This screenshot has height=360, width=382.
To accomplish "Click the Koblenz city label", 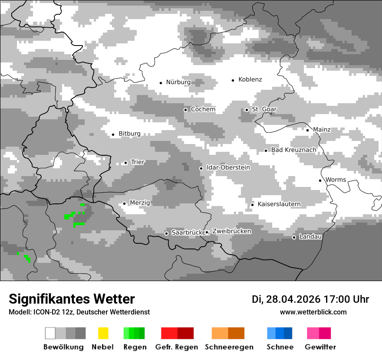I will pyautogui.click(x=250, y=79).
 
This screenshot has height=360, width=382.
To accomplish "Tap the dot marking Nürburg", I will pyautogui.click(x=161, y=82).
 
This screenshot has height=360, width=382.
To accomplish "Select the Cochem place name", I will pyautogui.click(x=203, y=109).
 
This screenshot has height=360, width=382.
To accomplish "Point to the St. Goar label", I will pyautogui.click(x=264, y=109).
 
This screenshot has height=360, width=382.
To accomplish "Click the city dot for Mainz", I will pyautogui.click(x=307, y=130).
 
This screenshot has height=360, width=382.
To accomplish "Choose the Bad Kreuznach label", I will pyautogui.click(x=293, y=150).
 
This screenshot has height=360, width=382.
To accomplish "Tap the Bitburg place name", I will pyautogui.click(x=129, y=134).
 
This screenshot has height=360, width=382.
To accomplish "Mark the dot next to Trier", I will pyautogui.click(x=125, y=163).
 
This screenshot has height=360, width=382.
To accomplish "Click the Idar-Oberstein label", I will pyautogui.click(x=228, y=167).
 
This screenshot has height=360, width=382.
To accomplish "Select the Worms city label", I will pyautogui.click(x=336, y=180).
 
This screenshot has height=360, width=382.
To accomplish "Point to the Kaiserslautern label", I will pyautogui.click(x=279, y=204).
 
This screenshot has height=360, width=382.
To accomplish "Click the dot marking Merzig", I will pyautogui.click(x=124, y=203).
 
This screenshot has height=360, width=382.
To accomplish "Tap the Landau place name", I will pyautogui.click(x=310, y=236).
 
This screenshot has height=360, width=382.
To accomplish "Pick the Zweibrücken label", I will pyautogui.click(x=232, y=231).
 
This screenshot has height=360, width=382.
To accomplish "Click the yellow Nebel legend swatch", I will pyautogui.click(x=103, y=333).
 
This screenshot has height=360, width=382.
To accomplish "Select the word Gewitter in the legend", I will pyautogui.click(x=320, y=347).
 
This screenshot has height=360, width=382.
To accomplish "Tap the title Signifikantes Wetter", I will pyautogui.click(x=72, y=299).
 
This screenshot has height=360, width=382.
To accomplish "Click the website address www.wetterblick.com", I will pyautogui.click(x=313, y=312).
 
